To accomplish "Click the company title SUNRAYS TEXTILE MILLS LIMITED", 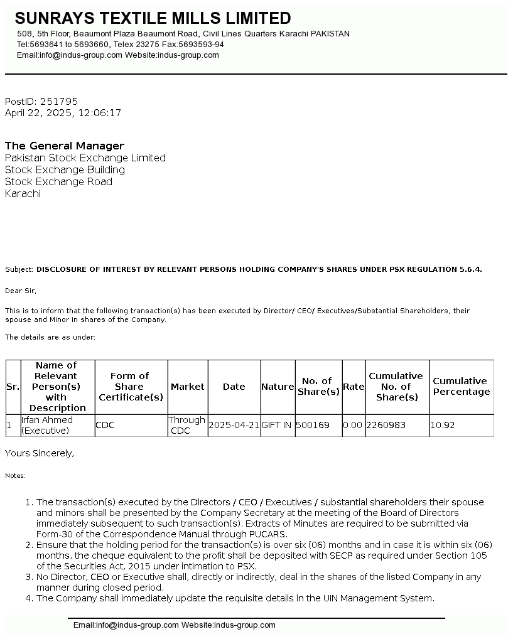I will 153,18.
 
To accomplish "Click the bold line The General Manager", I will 65,146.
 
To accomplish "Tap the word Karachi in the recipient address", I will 23,193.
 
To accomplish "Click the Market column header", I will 188,387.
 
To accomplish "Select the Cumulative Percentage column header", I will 461,386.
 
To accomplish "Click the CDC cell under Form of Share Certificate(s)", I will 105,425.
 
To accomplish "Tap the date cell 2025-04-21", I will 234,425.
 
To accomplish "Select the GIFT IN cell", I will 276,425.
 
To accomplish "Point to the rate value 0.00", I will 353,425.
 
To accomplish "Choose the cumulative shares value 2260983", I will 386,425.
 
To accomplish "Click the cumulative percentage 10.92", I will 443,425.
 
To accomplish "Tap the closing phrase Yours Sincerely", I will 40,453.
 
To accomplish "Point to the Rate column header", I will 354,387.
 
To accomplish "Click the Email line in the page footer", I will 175,625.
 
